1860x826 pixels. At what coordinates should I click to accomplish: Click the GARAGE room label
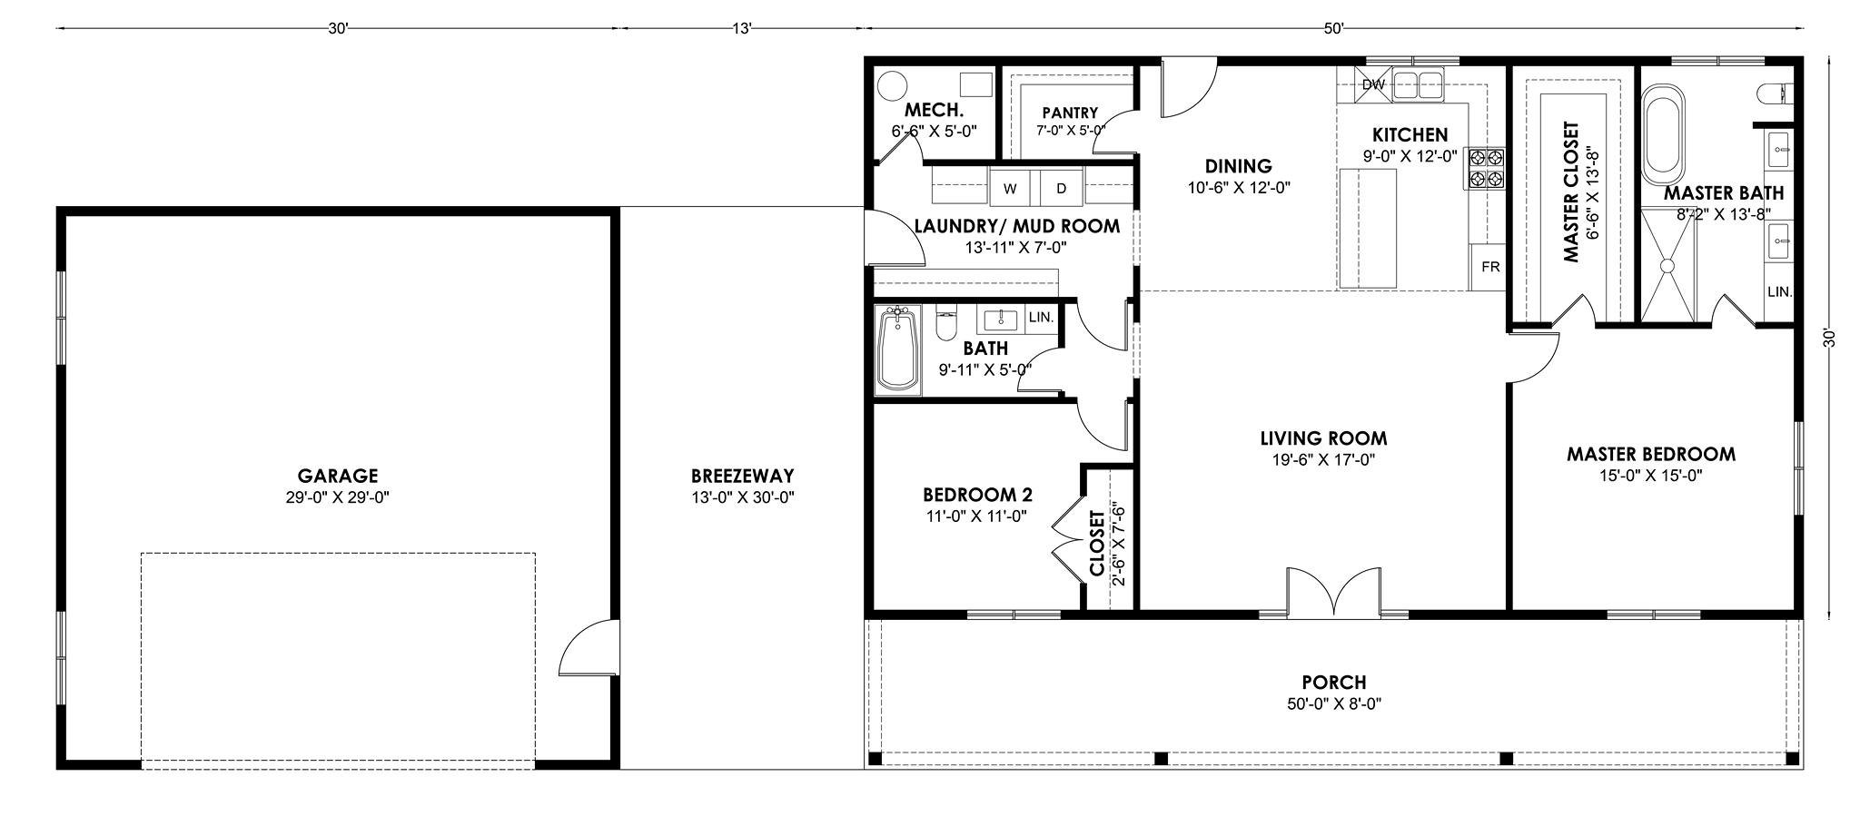[x=337, y=476]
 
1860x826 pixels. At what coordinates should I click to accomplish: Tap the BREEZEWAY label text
[x=742, y=476]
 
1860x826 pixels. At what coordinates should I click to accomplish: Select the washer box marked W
[x=1009, y=189]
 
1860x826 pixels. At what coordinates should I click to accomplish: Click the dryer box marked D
[x=1061, y=189]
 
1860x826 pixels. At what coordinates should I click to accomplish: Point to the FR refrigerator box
[x=1489, y=267]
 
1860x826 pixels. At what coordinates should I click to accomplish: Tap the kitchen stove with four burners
[x=1484, y=168]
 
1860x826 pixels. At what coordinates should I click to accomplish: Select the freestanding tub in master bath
[x=1664, y=131]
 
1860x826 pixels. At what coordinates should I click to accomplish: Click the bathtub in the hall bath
[x=897, y=349]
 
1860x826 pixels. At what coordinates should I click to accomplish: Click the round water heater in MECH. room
[x=893, y=86]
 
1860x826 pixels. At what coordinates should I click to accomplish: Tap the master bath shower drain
[x=1667, y=265]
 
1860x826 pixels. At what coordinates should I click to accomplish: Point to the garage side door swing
[x=584, y=645]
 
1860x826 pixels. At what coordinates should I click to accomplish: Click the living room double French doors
[x=1333, y=592]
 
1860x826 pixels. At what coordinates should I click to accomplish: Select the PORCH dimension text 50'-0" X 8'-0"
[x=1333, y=703]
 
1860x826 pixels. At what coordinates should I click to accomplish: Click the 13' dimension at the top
[x=742, y=28]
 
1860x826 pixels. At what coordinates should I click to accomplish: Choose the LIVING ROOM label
[x=1323, y=438]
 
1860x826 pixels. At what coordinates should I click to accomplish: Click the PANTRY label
[x=1070, y=113]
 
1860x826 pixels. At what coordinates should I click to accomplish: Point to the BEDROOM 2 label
[x=977, y=495]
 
